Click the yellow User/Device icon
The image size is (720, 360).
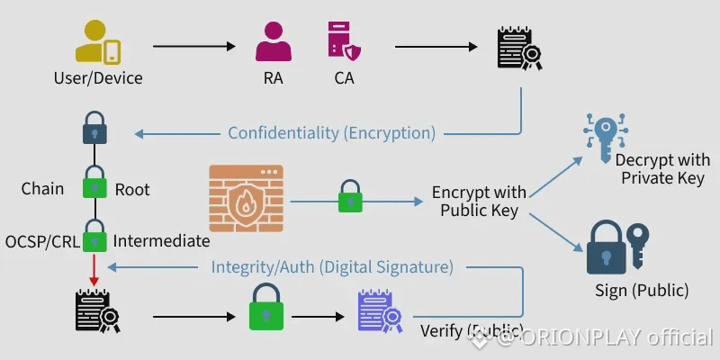(x=97, y=41)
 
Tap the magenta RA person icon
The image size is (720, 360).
(x=273, y=41)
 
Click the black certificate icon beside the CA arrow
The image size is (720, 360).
(x=518, y=47)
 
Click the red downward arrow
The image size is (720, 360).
(x=95, y=267)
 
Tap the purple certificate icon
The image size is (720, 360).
(x=378, y=311)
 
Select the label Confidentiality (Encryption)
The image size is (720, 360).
(x=331, y=133)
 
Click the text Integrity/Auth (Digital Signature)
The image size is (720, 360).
(x=331, y=266)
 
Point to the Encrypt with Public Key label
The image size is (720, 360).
(x=478, y=202)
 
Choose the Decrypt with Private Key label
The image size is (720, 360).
(x=661, y=168)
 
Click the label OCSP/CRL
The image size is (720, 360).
(x=41, y=241)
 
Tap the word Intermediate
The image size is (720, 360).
(x=161, y=241)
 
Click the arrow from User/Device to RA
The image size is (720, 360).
(x=193, y=45)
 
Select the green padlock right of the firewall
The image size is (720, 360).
(x=350, y=197)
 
